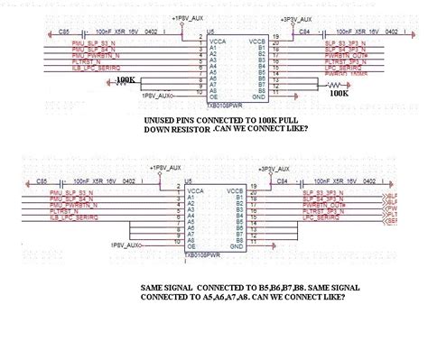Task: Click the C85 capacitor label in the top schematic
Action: tap(63, 31)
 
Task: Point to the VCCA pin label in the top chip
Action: tap(216, 42)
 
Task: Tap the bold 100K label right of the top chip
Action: tap(340, 92)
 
